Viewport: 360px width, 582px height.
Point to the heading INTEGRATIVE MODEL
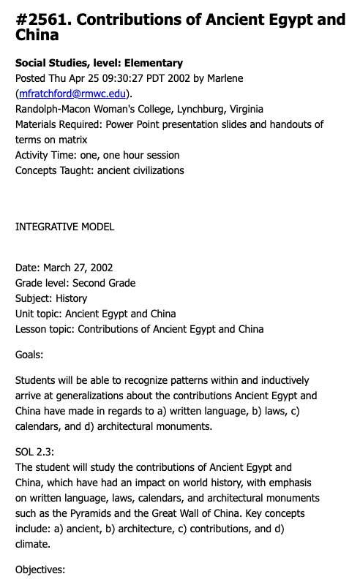(x=65, y=227)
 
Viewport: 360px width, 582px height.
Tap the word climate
(x=33, y=544)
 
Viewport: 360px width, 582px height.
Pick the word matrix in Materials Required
(x=72, y=140)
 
